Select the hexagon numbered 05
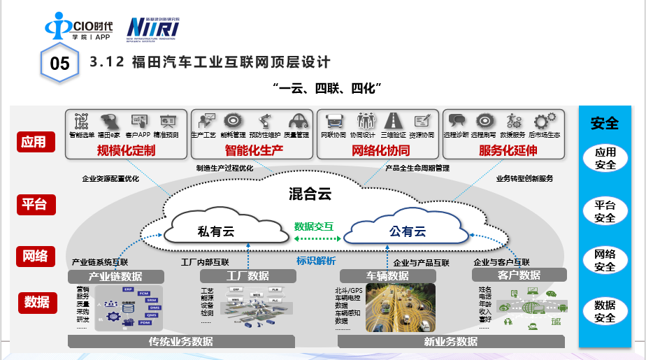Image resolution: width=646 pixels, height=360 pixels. click(61, 64)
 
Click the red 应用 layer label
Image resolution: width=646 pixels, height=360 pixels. click(34, 142)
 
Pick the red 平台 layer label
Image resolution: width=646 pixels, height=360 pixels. click(34, 204)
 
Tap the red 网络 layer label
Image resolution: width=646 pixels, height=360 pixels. click(34, 255)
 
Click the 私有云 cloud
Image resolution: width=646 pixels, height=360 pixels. click(216, 231)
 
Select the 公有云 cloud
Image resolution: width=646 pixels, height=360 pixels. click(408, 231)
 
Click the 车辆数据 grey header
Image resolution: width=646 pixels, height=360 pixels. click(389, 276)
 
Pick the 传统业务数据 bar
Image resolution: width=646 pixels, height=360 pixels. click(181, 342)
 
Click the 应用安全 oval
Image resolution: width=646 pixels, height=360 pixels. click(605, 159)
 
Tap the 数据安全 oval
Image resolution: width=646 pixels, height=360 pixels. click(605, 312)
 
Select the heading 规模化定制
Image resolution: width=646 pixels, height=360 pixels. click(126, 150)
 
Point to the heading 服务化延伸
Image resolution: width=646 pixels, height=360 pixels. click(508, 150)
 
